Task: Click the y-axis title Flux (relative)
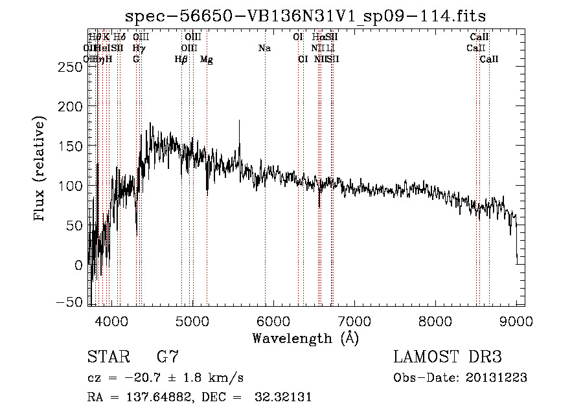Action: [x=40, y=169]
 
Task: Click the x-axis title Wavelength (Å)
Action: [x=305, y=338]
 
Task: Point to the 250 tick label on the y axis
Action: [x=71, y=67]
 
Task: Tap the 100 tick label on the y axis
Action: [x=71, y=186]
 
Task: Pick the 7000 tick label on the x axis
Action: [x=354, y=321]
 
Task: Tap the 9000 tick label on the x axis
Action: [x=516, y=321]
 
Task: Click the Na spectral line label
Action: [x=264, y=49]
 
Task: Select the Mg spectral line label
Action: [x=207, y=60]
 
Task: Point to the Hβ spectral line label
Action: [x=181, y=60]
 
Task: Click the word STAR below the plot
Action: [x=108, y=357]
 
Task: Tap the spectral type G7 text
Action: [x=168, y=357]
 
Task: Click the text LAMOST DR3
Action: [x=448, y=357]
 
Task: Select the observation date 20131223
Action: [x=497, y=378]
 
